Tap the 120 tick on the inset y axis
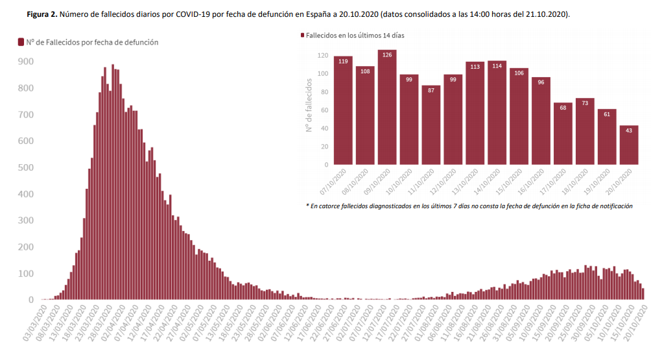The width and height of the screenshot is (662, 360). [322, 56]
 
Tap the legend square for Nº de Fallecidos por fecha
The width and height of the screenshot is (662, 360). [21, 42]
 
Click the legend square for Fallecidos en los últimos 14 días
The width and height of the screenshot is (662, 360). [302, 36]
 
